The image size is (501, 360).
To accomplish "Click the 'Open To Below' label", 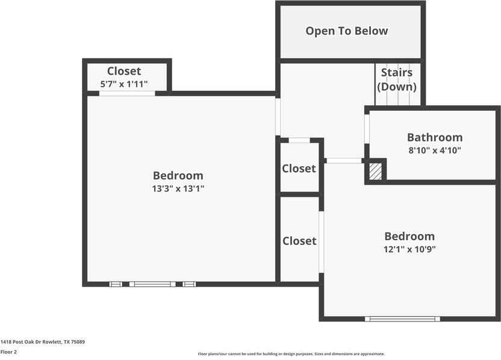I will pos(346,31).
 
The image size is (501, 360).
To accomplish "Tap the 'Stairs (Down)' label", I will pos(397,79).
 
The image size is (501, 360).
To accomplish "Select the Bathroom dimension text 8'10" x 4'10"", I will pos(435,151).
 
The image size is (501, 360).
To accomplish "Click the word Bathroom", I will pos(435,137).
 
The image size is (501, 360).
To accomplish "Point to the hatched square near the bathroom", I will pos(375,171).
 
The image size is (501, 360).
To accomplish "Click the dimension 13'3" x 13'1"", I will pos(178,188).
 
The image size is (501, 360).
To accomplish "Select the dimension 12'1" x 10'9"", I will pos(409,249).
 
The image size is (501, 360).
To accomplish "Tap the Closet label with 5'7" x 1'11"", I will pos(124,72).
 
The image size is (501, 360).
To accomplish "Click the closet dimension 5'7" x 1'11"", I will pos(124,84).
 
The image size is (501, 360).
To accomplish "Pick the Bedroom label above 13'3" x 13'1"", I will pos(178,175).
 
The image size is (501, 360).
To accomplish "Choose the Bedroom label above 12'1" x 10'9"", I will pos(409,236).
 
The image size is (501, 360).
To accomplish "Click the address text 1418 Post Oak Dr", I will pos(42,342).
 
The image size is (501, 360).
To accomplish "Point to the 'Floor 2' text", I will pos(8,352).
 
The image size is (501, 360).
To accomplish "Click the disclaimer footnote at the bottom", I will pos(291,354).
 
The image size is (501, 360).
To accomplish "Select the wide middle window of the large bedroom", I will pos(152,284).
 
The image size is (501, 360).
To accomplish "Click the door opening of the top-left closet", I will pos(127,93).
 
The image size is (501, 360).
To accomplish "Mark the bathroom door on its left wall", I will pos(366,129).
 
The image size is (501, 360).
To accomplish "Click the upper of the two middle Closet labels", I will pos(299,169).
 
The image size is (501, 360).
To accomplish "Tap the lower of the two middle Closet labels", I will pos(299,241).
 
